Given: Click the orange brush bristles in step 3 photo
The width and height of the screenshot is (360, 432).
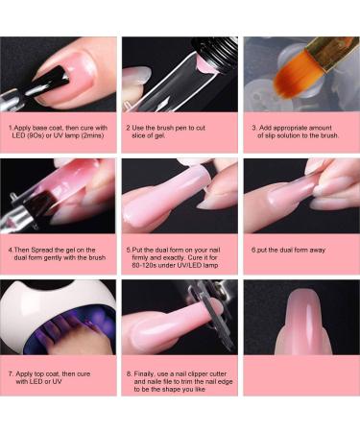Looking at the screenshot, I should point(292,72).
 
